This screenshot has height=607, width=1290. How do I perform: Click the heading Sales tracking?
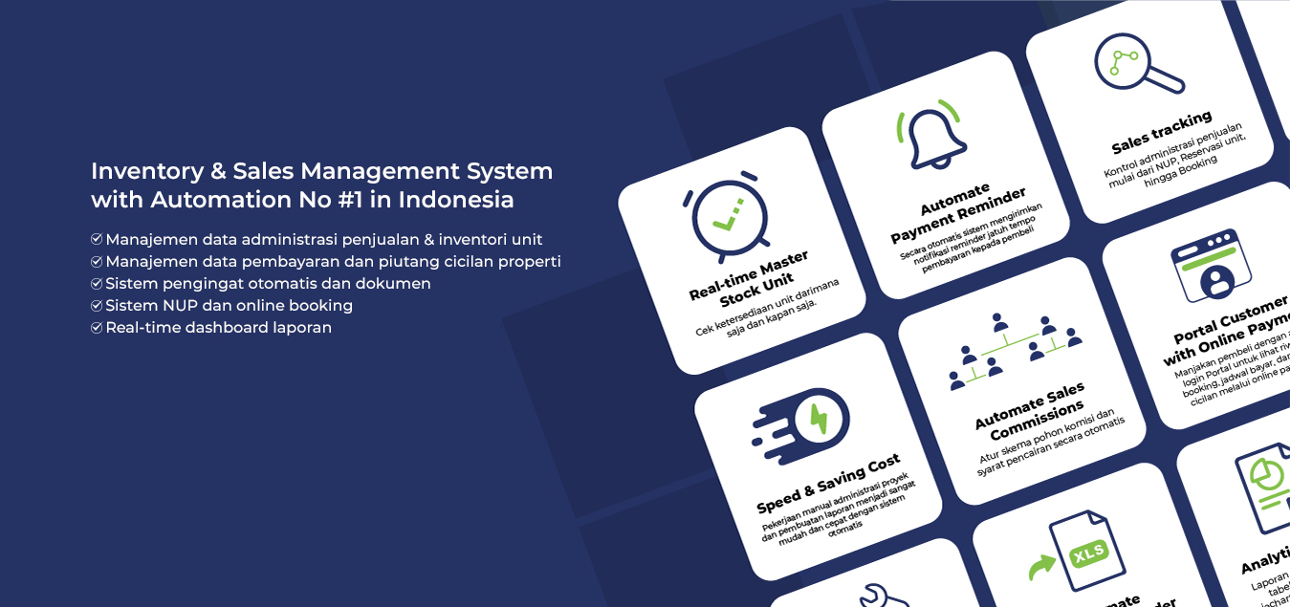[x=1161, y=133]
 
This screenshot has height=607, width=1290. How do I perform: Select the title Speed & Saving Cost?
[x=828, y=485]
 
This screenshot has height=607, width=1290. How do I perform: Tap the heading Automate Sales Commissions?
[x=1030, y=412]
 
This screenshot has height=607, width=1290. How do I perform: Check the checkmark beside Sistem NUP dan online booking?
[x=97, y=306]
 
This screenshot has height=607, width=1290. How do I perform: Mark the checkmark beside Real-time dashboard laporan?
[x=97, y=328]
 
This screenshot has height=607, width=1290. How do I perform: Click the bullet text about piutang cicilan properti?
[x=333, y=262]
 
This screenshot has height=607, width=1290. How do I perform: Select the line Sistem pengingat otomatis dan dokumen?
[x=268, y=284]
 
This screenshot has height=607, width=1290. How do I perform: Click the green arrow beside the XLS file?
[x=1039, y=568]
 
